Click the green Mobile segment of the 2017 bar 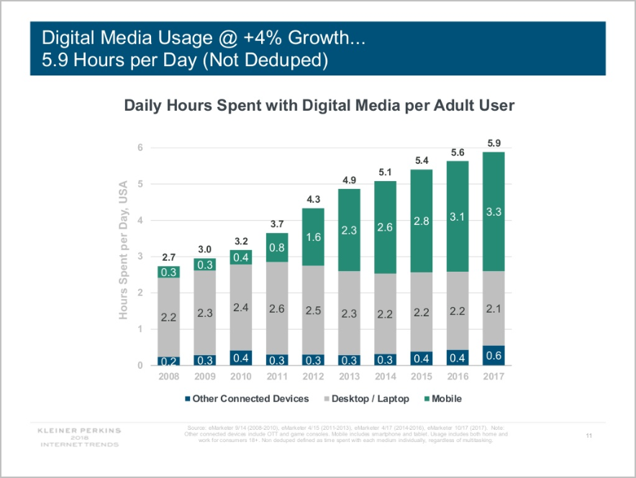click(x=494, y=211)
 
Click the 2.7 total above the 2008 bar click(x=168, y=256)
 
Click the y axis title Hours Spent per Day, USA click(x=123, y=249)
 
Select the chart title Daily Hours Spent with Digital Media click(x=319, y=106)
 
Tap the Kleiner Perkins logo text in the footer click(x=79, y=437)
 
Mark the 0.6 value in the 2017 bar click(x=494, y=355)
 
